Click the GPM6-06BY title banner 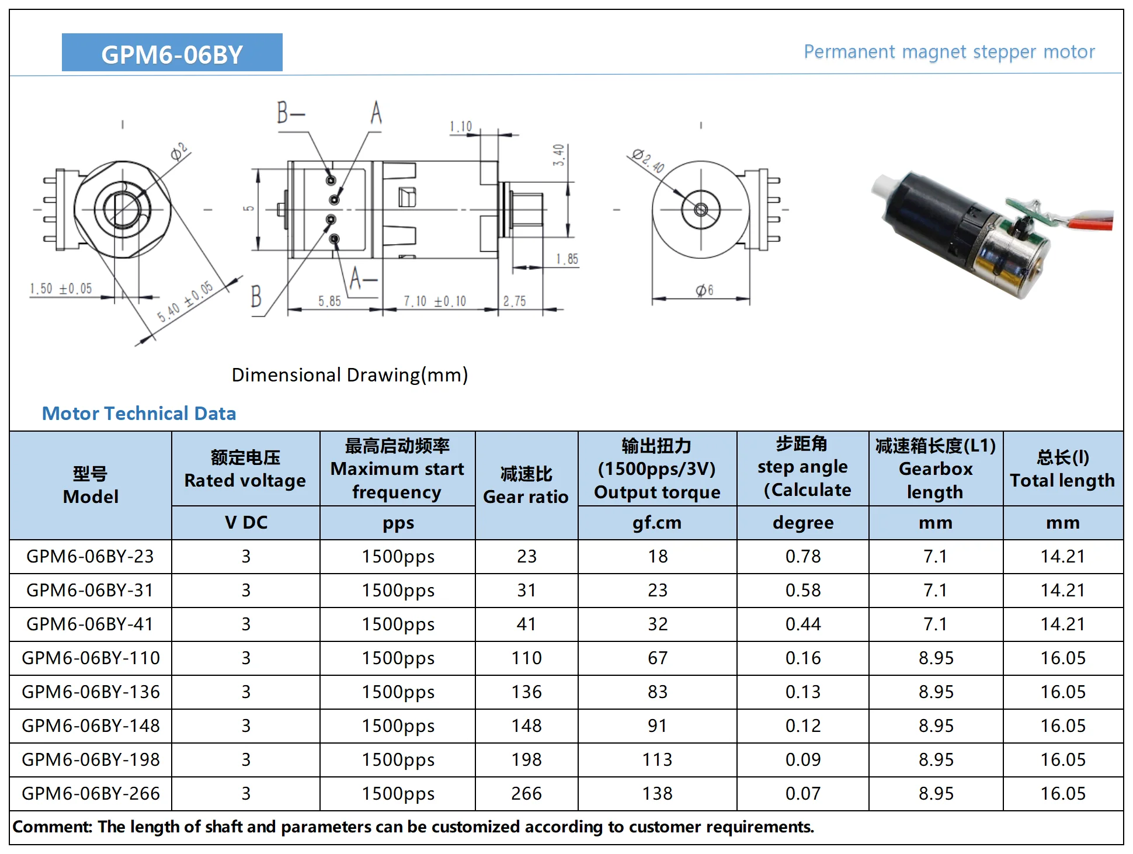[172, 53]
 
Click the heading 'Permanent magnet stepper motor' [948, 52]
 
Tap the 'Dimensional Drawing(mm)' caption [349, 375]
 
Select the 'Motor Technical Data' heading [139, 414]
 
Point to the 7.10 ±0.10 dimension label [435, 301]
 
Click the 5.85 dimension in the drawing [329, 301]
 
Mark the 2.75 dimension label [515, 301]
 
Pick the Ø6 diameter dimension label [704, 290]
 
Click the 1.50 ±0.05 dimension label [61, 289]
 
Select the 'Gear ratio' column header [526, 485]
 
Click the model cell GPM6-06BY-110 [91, 658]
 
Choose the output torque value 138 [657, 794]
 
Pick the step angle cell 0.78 [802, 557]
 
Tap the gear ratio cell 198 [526, 760]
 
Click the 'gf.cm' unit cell [657, 523]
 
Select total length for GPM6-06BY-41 [1062, 624]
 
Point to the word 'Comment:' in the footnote [52, 827]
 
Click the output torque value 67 [657, 658]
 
